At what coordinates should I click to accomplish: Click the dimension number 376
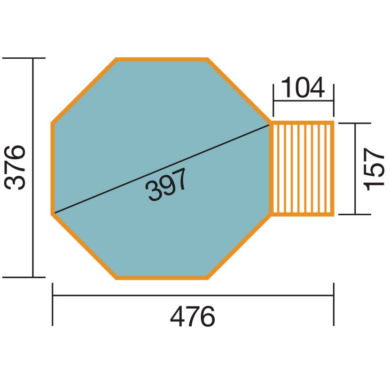(15, 167)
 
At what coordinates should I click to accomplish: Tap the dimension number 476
(193, 317)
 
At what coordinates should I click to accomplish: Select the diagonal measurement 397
(166, 184)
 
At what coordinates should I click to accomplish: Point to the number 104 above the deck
(303, 87)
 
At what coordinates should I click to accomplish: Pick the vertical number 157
(374, 169)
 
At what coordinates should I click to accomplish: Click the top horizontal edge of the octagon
(162, 59)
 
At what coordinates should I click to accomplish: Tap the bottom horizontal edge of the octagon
(162, 278)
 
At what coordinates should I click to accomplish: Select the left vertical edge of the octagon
(53, 168)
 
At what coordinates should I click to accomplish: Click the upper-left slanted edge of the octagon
(84, 91)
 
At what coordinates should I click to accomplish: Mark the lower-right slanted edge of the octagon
(239, 246)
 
